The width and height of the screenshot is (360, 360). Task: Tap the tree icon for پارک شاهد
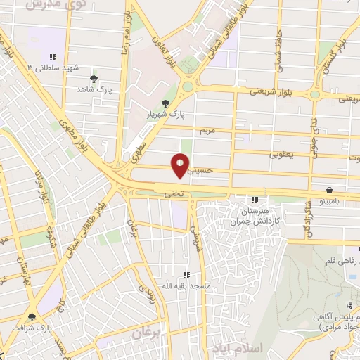tap(95, 79)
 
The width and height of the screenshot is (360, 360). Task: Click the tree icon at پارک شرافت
tap(32, 318)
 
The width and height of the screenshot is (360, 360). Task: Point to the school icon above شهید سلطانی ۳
tap(53, 58)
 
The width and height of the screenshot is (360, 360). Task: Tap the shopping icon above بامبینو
tap(329, 190)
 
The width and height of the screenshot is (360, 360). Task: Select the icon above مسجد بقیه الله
tap(186, 275)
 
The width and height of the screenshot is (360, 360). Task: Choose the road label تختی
tap(173, 191)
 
